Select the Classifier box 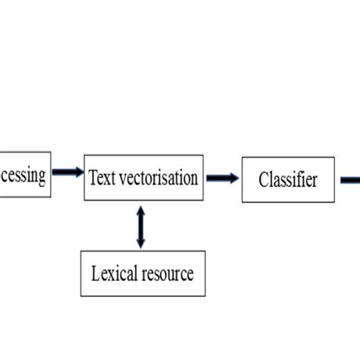[x=288, y=180]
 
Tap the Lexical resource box [x=143, y=273]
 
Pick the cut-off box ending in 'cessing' [x=24, y=175]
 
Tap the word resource [x=166, y=273]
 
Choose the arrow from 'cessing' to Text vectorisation [x=67, y=172]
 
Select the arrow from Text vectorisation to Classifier [x=221, y=178]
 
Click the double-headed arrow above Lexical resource [x=141, y=226]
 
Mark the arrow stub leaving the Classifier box [x=349, y=180]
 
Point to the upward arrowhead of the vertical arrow [x=141, y=210]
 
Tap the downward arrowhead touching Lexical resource [x=141, y=243]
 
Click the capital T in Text [x=93, y=178]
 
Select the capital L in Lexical [x=95, y=273]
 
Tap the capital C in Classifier [x=263, y=180]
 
